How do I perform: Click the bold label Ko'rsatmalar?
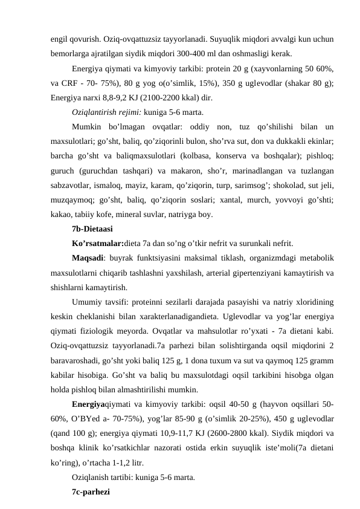(x=97, y=244)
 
